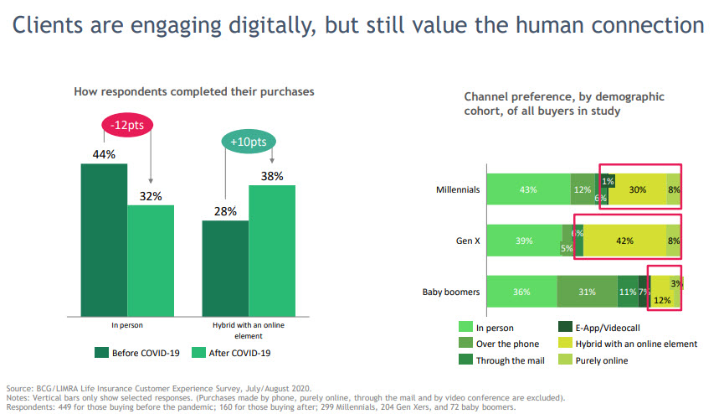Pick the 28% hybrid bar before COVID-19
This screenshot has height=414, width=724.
(x=225, y=266)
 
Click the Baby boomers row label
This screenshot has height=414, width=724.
(x=451, y=292)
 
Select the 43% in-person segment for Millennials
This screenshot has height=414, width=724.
(x=528, y=189)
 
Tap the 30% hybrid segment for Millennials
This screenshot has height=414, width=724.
(x=637, y=189)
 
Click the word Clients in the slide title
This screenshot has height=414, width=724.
(x=49, y=27)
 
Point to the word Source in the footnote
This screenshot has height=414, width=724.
(x=19, y=389)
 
